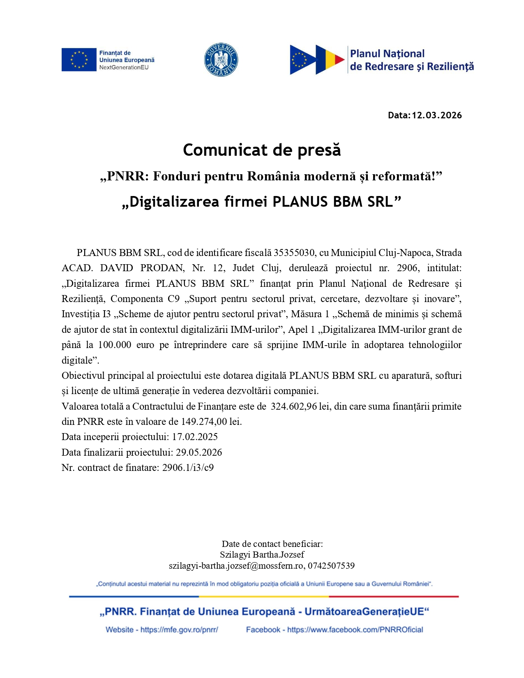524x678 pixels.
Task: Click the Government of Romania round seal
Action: [221, 60]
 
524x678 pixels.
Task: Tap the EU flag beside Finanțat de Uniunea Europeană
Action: [79, 60]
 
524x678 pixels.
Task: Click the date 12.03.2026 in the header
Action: [437, 115]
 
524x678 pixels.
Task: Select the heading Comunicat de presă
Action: [262, 150]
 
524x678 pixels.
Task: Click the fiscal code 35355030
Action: [294, 253]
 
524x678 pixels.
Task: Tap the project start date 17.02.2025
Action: [195, 437]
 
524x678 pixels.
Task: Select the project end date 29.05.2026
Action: [199, 453]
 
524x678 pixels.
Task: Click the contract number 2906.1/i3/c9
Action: [188, 468]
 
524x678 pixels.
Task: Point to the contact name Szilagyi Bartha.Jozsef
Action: [262, 555]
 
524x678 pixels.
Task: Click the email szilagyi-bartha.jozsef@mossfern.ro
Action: [236, 566]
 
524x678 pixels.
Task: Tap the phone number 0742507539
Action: [331, 566]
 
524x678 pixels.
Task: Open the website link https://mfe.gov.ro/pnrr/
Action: [179, 630]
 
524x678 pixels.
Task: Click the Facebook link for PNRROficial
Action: [355, 630]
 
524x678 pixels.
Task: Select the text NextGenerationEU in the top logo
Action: [124, 68]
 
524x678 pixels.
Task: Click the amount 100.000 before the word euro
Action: [115, 345]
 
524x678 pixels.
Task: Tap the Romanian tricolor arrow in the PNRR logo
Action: [330, 60]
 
